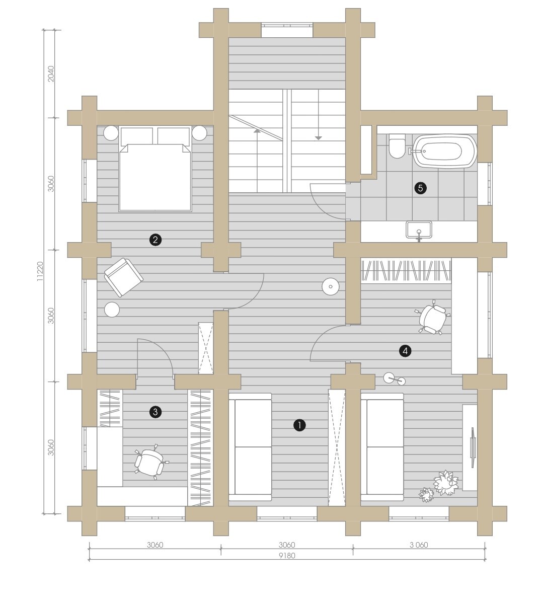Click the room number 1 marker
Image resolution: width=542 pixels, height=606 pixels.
click(299, 425)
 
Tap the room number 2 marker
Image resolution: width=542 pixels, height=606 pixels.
click(155, 240)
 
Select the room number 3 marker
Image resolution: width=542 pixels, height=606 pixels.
click(155, 412)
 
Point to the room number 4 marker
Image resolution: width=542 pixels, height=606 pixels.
click(405, 351)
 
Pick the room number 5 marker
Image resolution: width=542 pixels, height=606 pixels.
click(420, 188)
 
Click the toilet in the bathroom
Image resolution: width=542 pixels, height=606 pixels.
click(397, 146)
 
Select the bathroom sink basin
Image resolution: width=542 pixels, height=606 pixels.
click(419, 230)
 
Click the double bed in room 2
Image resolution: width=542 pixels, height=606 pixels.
click(155, 169)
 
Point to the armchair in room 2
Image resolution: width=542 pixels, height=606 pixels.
click(123, 277)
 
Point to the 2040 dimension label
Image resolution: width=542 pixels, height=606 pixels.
click(51, 73)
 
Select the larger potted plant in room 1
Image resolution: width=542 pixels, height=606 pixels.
click(446, 483)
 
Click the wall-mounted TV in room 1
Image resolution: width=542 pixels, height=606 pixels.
click(473, 447)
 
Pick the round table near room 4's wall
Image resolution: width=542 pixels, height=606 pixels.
click(330, 286)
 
